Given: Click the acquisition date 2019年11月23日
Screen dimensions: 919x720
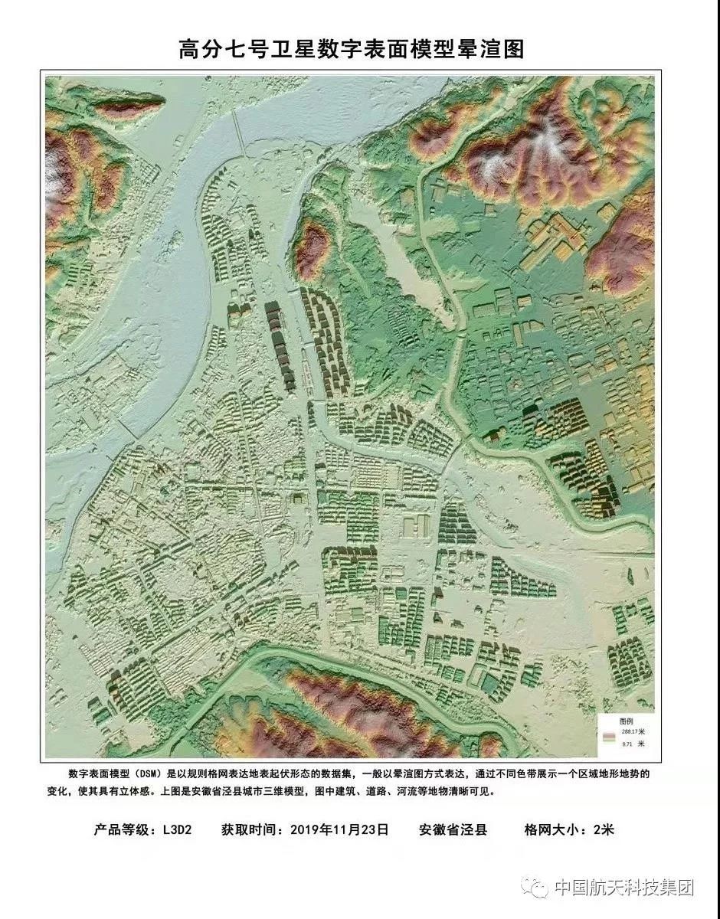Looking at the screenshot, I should tap(340, 829).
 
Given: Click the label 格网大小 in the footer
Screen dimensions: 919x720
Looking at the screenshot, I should tap(551, 829).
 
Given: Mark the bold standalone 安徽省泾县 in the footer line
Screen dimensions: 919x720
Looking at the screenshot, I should tap(453, 829).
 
